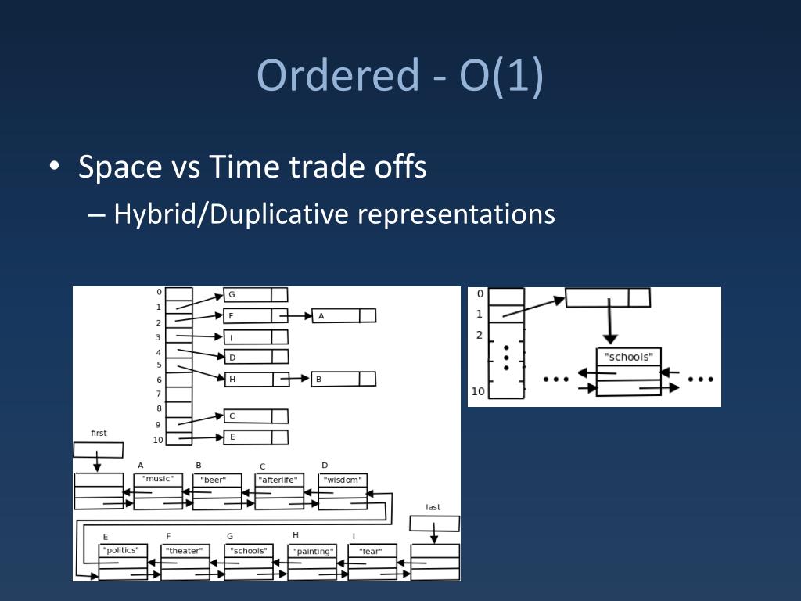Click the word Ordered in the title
click(x=339, y=76)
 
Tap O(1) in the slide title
click(x=501, y=76)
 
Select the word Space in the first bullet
click(x=119, y=167)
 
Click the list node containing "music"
click(x=158, y=491)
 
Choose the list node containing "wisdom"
click(x=343, y=491)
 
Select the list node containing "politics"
click(x=124, y=561)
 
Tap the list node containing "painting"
click(x=312, y=562)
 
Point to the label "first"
click(x=99, y=433)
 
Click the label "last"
click(x=433, y=507)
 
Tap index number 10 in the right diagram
click(x=478, y=391)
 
